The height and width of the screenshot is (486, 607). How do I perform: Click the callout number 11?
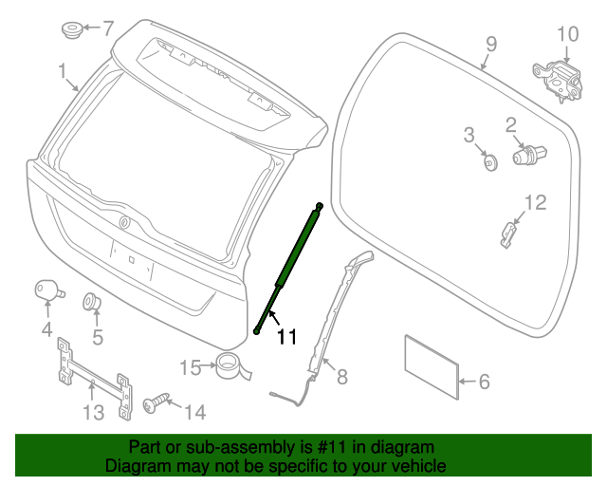(286, 335)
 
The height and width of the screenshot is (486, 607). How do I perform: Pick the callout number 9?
(491, 44)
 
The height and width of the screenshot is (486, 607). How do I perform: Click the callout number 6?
(484, 383)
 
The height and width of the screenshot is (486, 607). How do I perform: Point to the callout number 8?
(341, 377)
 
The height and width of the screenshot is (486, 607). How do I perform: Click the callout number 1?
(62, 71)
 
